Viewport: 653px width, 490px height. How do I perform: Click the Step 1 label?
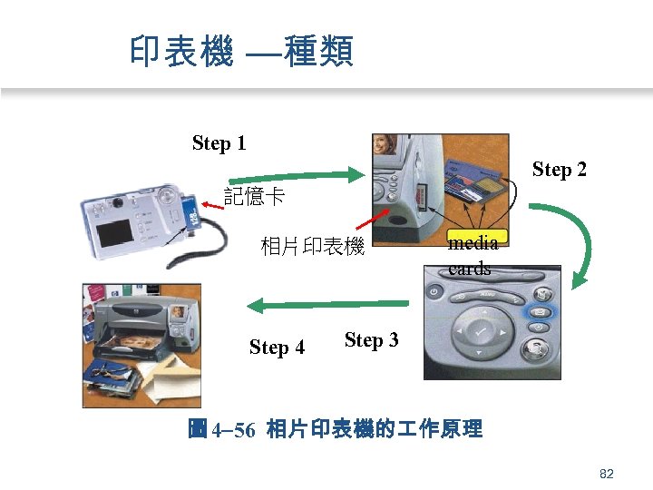coord(219,143)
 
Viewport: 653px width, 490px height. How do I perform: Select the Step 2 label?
coord(559,170)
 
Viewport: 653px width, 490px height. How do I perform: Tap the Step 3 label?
coord(371,340)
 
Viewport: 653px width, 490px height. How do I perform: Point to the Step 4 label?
coord(277,348)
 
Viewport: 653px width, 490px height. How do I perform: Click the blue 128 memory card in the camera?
coord(192,215)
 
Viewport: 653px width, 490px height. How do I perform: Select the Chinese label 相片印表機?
coord(312,246)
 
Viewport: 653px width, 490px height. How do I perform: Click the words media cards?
coord(472,255)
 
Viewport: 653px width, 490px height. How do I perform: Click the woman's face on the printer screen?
coord(385,145)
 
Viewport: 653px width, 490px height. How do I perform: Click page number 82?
coord(607,474)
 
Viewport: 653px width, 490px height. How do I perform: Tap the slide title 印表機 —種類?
coord(241,51)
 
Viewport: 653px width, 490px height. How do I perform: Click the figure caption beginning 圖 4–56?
coord(335,429)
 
